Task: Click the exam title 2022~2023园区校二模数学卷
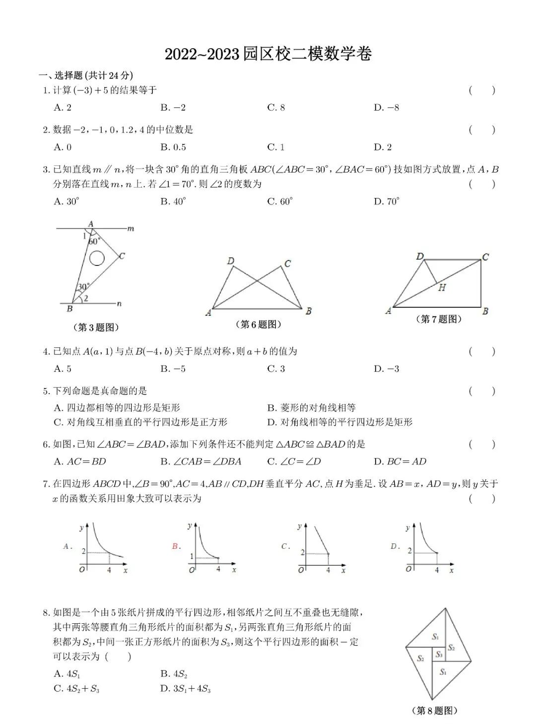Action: point(268,54)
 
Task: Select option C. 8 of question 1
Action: point(276,108)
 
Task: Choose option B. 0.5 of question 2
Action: point(173,147)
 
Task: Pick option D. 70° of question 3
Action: point(387,201)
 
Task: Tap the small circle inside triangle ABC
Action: point(96,258)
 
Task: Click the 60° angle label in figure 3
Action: point(94,242)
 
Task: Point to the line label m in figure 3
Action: point(131,229)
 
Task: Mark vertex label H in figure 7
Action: point(442,287)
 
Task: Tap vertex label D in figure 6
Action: point(230,261)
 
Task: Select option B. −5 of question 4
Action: point(173,369)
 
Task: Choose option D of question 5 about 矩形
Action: point(339,422)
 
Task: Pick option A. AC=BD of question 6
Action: point(80,461)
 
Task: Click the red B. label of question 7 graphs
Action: point(175,546)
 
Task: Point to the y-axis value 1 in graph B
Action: point(192,556)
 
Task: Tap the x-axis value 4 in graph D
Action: point(437,570)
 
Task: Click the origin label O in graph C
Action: point(301,570)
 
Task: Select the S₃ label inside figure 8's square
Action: point(439,655)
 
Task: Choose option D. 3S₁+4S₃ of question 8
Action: point(186,689)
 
